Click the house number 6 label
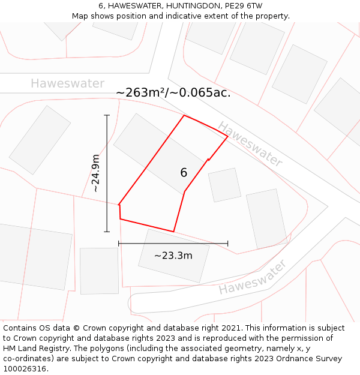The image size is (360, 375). [x=184, y=173]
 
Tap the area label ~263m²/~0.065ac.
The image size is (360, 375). [x=173, y=92]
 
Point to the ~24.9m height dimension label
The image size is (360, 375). [x=96, y=173]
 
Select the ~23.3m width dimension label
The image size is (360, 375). [x=173, y=256]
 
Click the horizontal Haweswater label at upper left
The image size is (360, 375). [x=68, y=83]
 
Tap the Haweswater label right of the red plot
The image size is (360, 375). [x=250, y=144]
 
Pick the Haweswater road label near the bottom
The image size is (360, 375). [x=252, y=278]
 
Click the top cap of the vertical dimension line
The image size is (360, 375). [x=107, y=115]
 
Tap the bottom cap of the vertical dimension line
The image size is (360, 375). [x=107, y=232]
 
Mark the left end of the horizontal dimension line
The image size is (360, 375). [x=119, y=244]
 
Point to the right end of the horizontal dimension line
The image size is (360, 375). [x=228, y=244]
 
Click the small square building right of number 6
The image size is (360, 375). [x=224, y=185]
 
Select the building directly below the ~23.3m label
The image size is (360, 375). [x=174, y=264]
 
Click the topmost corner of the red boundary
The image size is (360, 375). [x=184, y=115]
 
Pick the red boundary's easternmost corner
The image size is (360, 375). [x=228, y=137]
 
